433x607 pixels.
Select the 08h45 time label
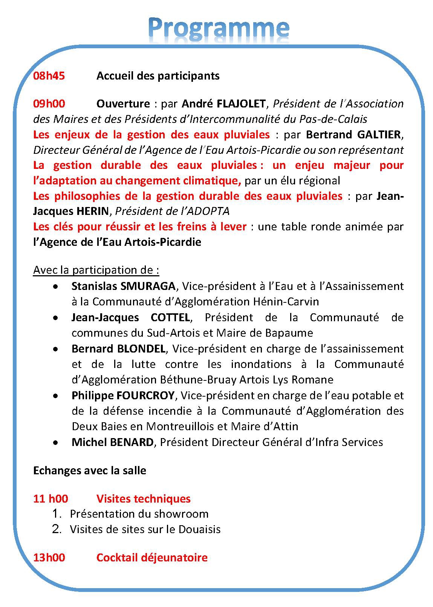coord(49,76)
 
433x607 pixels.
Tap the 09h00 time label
coord(49,104)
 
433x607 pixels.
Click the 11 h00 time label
coord(50,499)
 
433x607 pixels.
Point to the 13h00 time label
coord(49,557)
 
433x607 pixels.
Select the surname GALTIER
coord(379,135)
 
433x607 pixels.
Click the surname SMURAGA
coord(148,287)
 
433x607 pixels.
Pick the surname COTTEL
coord(170,318)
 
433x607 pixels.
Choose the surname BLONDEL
coord(141,349)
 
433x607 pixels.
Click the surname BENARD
coord(131,442)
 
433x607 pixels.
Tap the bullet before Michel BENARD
coord(56,443)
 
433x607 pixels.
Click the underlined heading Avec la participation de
coord(96,270)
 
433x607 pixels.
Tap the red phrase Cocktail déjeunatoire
coord(152,557)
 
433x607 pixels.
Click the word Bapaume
coord(290,333)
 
